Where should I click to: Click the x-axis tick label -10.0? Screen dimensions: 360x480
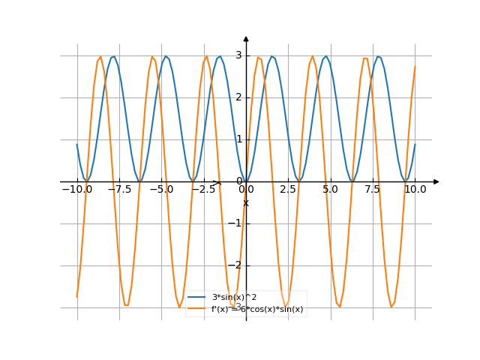76,190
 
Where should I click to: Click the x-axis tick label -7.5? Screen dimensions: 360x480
118,190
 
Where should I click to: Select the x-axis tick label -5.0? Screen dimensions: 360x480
160,190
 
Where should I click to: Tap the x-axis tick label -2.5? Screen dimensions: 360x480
202,190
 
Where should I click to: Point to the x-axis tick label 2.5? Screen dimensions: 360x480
288,190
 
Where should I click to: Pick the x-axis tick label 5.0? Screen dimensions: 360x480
330,190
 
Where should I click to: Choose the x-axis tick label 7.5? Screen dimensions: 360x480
373,190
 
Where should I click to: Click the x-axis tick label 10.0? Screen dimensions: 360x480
415,190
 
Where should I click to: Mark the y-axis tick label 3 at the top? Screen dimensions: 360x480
238,55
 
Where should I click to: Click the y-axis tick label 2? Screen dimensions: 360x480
238,97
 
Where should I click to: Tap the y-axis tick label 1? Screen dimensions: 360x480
238,139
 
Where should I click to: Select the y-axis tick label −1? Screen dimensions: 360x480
237,223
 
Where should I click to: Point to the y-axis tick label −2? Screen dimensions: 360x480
237,265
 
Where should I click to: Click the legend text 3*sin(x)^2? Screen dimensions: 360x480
236,298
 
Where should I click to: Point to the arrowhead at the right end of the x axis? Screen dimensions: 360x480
436,181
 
